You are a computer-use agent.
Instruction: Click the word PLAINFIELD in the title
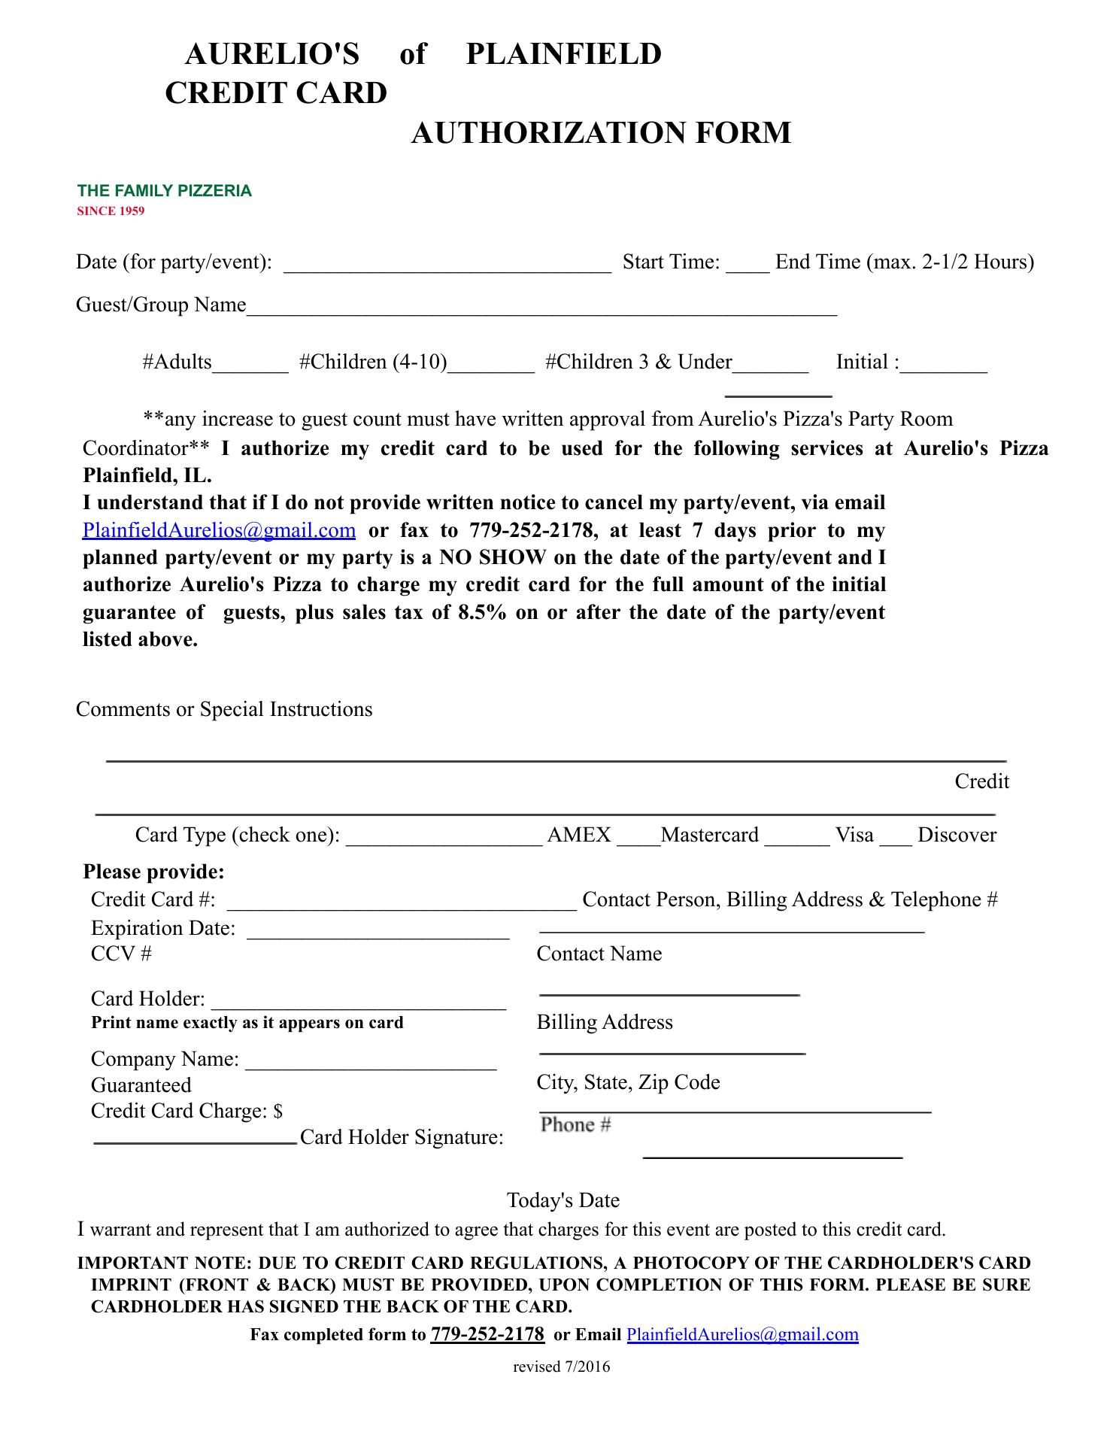coord(563,54)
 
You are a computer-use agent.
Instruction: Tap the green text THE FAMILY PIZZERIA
coord(164,191)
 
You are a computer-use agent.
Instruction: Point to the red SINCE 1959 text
coord(111,211)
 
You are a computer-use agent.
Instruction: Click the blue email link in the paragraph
coord(219,531)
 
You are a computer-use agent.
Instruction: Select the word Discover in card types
coord(957,836)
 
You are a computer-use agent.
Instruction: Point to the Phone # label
coord(575,1125)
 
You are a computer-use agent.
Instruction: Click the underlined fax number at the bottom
coord(487,1335)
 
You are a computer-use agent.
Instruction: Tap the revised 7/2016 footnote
coord(561,1367)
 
